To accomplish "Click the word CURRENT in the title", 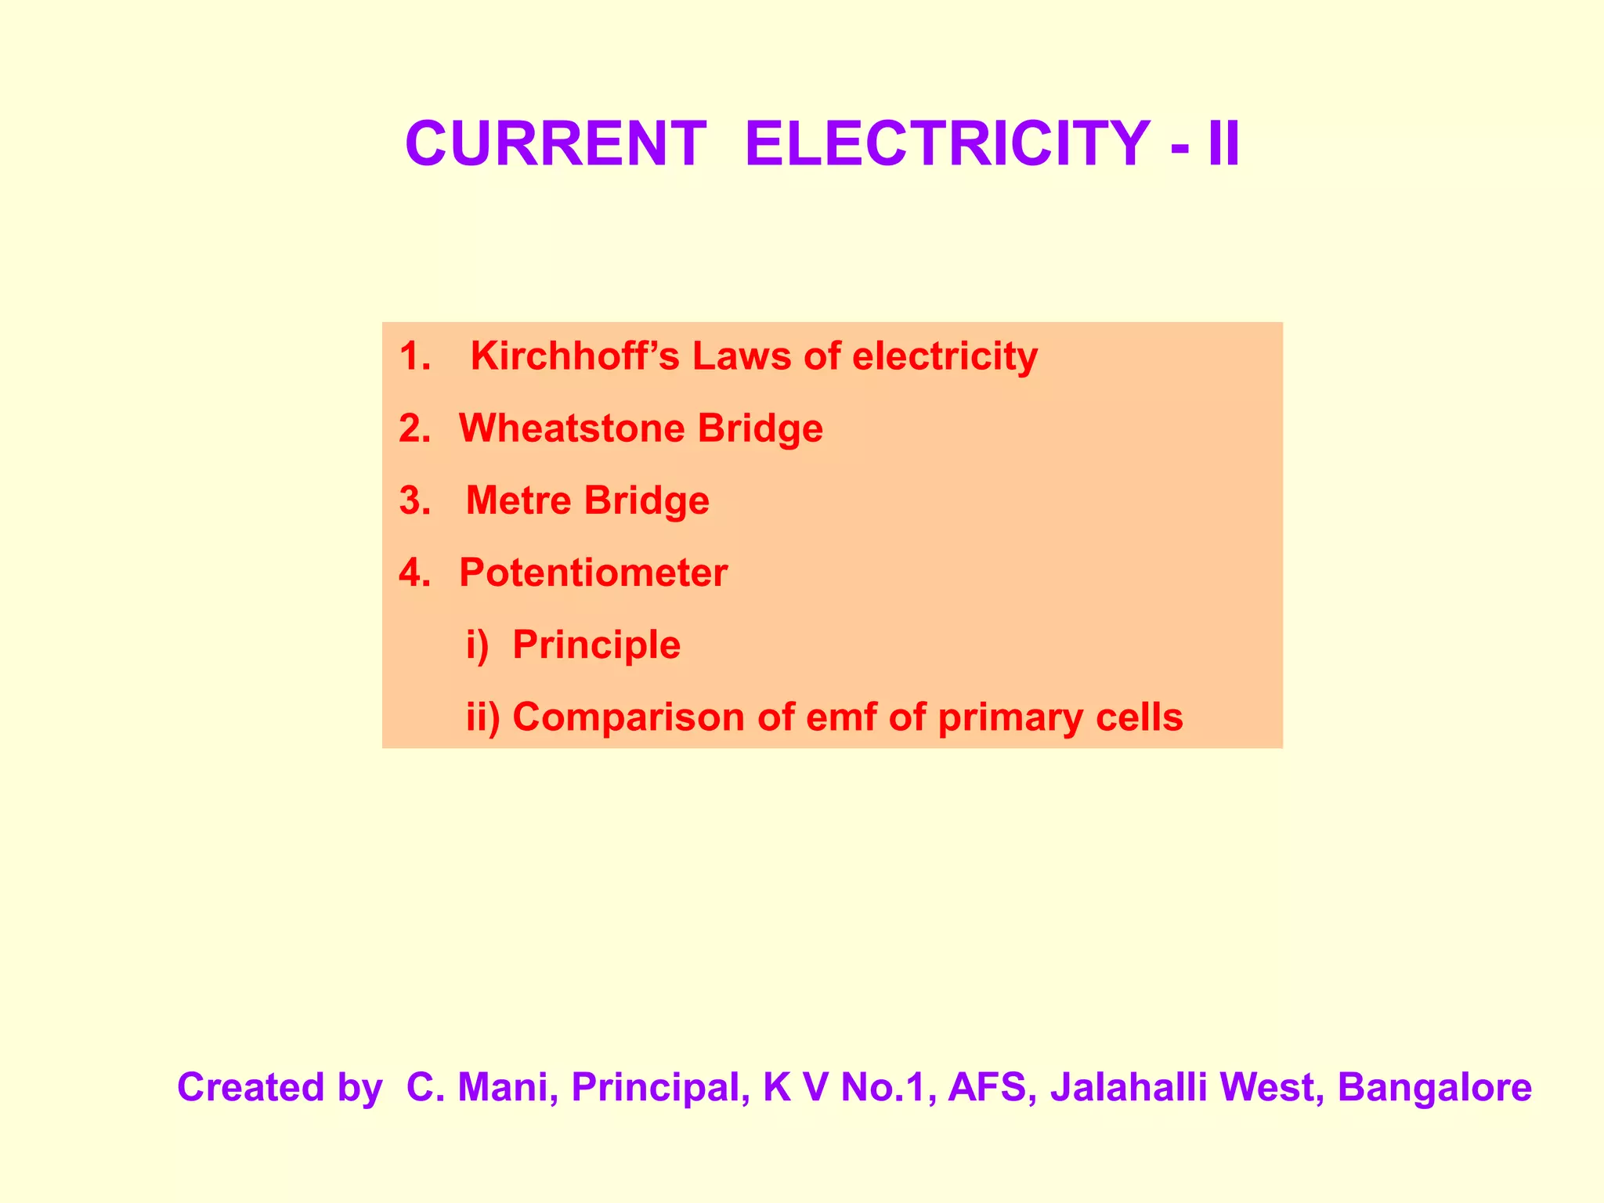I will click(x=555, y=144).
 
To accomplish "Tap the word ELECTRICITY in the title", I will click(x=948, y=144).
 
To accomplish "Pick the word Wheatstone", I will click(x=574, y=428).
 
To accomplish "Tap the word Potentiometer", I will click(x=593, y=573).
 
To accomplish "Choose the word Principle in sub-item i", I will click(x=596, y=645).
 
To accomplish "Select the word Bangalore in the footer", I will click(x=1435, y=1087).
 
